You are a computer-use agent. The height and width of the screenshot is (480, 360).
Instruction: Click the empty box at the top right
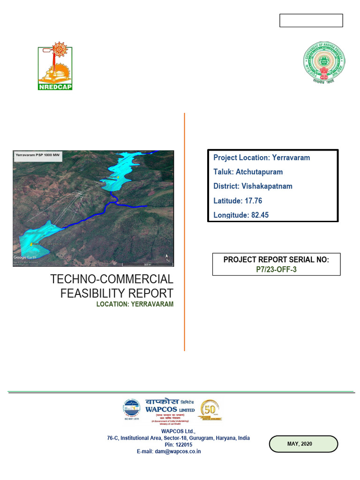311,21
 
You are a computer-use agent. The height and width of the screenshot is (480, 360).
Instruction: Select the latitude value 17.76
253,201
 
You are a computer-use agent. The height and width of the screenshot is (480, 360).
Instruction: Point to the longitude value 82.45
259,215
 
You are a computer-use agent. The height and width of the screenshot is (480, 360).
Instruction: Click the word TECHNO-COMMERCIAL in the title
112,280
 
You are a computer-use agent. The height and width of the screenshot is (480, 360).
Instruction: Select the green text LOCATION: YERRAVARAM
135,304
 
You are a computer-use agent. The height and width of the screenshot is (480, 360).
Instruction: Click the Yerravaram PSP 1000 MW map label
37,155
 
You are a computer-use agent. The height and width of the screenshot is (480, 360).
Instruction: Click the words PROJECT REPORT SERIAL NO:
276,260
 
